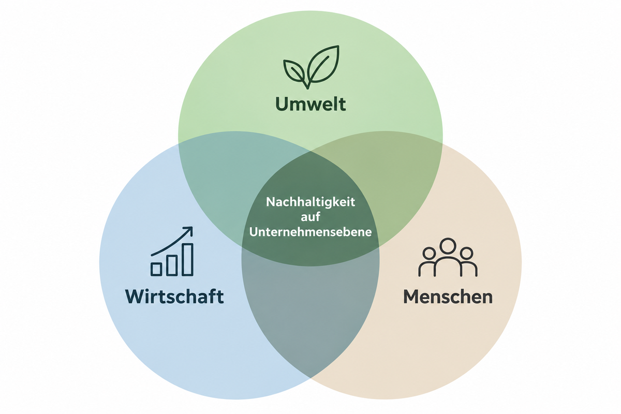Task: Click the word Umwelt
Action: (x=310, y=104)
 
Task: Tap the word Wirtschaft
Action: (x=174, y=297)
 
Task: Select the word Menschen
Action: (x=448, y=297)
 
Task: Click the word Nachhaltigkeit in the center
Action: (x=310, y=202)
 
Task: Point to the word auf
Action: (x=310, y=216)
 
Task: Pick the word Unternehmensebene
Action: (x=310, y=231)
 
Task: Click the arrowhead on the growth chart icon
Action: (x=188, y=231)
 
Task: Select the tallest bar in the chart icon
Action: (x=188, y=260)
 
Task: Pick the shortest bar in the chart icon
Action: (x=156, y=269)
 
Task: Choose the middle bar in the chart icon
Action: (x=172, y=265)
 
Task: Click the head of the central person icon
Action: (x=448, y=246)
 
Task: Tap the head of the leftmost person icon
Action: (x=429, y=253)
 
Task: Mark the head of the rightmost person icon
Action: (x=466, y=253)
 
